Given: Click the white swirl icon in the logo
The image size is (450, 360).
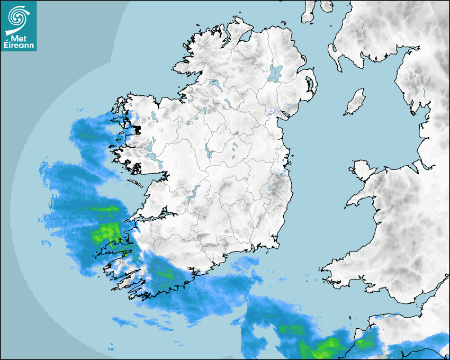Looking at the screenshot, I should (x=19, y=17).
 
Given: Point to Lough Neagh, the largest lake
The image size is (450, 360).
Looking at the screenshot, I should (x=276, y=73).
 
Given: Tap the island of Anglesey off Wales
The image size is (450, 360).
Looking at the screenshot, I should (x=362, y=169).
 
